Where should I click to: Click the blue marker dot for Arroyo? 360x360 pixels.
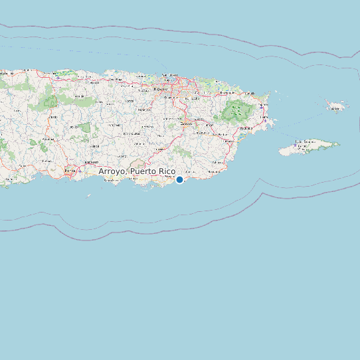[179, 179]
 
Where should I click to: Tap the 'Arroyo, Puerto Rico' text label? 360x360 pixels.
[137, 171]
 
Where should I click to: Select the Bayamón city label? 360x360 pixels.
[160, 88]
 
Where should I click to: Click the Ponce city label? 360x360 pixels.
[70, 171]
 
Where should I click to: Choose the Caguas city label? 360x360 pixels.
[186, 124]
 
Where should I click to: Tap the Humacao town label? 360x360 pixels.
[228, 141]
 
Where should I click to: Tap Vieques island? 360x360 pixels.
[310, 147]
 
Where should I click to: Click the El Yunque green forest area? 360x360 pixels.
[238, 110]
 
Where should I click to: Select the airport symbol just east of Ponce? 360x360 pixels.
[80, 171]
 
